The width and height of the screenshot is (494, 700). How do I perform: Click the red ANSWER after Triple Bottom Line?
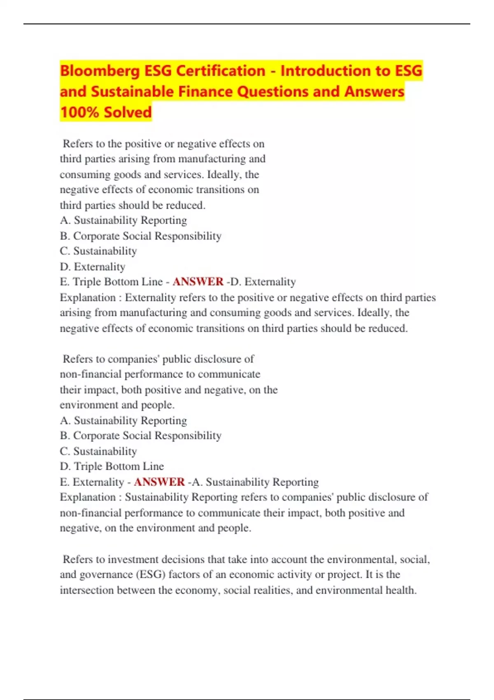(198, 282)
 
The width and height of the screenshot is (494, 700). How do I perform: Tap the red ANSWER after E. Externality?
(159, 482)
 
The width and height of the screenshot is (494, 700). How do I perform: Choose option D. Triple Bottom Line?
(112, 466)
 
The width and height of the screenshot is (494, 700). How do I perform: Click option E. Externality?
(92, 482)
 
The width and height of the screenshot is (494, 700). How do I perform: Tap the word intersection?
(86, 590)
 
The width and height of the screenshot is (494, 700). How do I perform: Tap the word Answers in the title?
(374, 91)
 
